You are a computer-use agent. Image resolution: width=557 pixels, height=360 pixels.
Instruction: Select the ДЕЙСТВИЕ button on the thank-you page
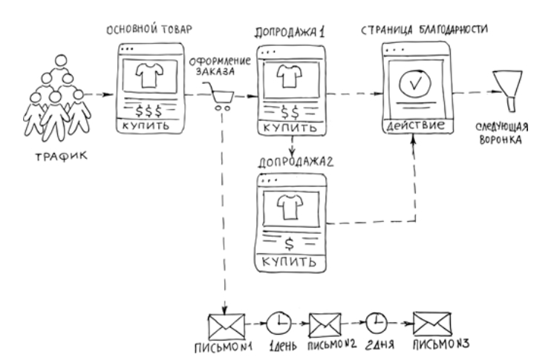pyautogui.click(x=414, y=125)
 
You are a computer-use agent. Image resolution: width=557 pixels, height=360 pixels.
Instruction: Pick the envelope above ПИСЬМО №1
pyautogui.click(x=225, y=324)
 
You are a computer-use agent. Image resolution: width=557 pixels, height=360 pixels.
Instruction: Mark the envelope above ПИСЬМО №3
pyautogui.click(x=433, y=324)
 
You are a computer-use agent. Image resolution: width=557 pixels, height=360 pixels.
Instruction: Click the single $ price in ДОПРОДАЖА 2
pyautogui.click(x=290, y=243)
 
